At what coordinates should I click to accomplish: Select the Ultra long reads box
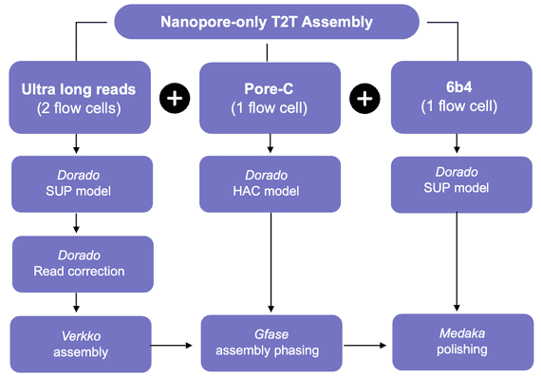pos(78,98)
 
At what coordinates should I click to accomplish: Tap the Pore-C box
pos(270,98)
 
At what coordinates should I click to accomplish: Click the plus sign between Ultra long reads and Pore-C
pos(175,99)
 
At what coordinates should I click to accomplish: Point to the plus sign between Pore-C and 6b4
pos(364,99)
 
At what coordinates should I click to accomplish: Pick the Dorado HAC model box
pos(270,183)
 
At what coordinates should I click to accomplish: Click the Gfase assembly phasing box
pos(270,343)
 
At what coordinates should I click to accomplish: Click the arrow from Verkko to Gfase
pos(177,344)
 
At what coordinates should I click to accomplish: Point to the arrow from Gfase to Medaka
pos(366,344)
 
